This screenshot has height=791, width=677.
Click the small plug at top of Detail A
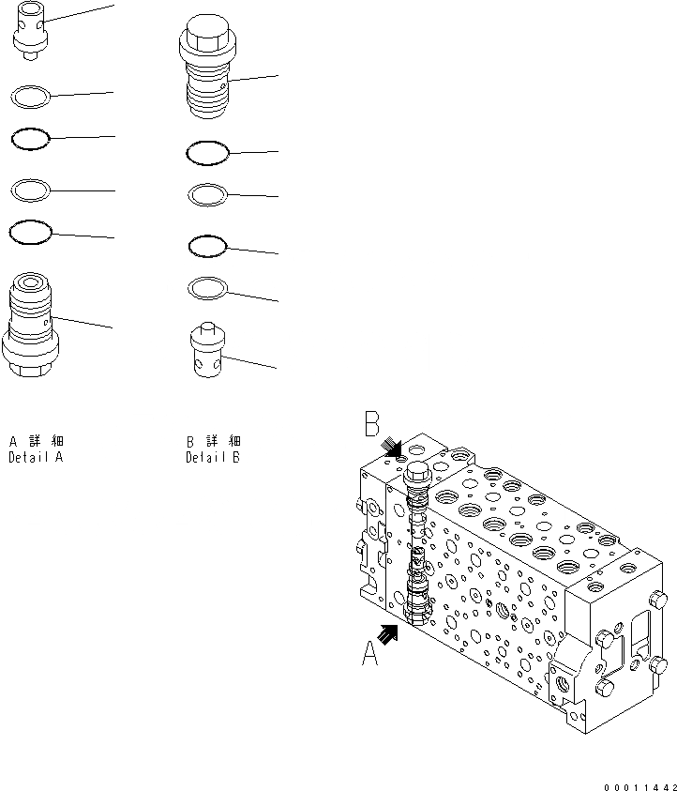[x=28, y=33]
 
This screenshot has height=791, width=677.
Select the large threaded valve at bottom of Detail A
[x=33, y=325]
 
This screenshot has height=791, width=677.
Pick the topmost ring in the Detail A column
[x=30, y=95]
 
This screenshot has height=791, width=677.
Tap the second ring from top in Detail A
[x=30, y=140]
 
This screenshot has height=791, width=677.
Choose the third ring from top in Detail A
[x=30, y=190]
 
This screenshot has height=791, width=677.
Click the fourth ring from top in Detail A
[x=29, y=230]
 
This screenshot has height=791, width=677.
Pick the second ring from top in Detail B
[x=207, y=194]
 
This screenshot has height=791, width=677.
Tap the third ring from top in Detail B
[x=207, y=246]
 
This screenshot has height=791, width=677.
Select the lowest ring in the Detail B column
[x=207, y=287]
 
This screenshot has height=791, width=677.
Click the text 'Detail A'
[x=36, y=458]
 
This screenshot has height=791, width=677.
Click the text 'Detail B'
[x=213, y=458]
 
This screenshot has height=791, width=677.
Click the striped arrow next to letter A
[x=388, y=634]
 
